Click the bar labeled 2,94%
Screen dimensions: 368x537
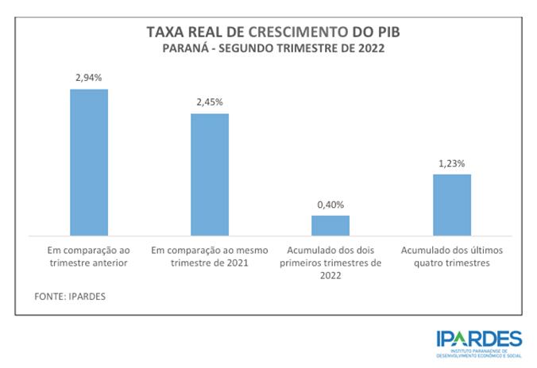pyautogui.click(x=89, y=162)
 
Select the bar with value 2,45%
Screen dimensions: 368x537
pyautogui.click(x=210, y=174)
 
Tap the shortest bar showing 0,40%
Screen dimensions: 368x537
pyautogui.click(x=330, y=225)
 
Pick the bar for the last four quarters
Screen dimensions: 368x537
pyautogui.click(x=451, y=205)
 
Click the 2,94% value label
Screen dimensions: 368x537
pyautogui.click(x=89, y=78)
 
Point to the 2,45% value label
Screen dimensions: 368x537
pyautogui.click(x=210, y=102)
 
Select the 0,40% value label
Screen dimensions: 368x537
pyautogui.click(x=330, y=205)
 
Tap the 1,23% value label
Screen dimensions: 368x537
pyautogui.click(x=451, y=163)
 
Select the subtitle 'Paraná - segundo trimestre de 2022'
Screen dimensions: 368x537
pyautogui.click(x=268, y=48)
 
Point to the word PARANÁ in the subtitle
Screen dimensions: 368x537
pyautogui.click(x=185, y=48)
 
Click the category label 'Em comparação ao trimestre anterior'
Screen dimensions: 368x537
pyautogui.click(x=89, y=255)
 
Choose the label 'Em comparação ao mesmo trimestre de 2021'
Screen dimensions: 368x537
pyautogui.click(x=210, y=255)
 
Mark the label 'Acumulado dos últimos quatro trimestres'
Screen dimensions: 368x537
pyautogui.click(x=451, y=255)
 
